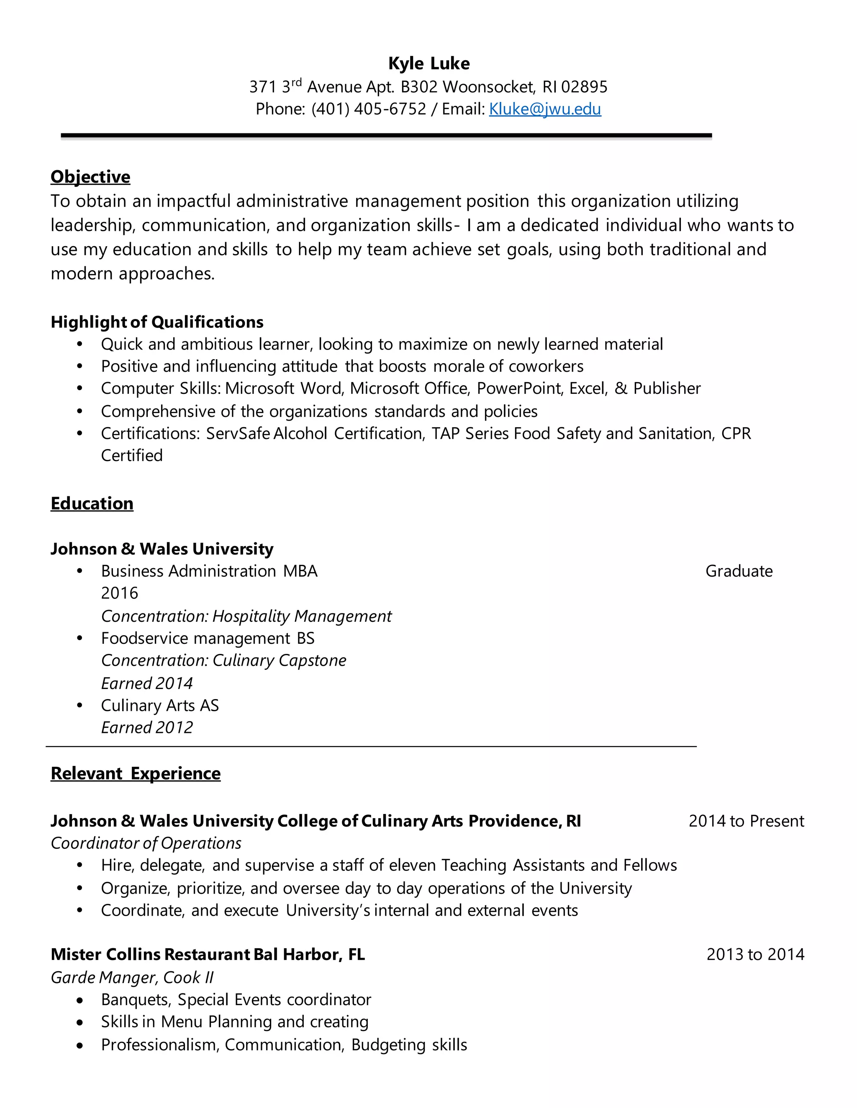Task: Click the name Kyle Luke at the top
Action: coord(428,64)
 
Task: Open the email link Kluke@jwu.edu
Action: coord(545,109)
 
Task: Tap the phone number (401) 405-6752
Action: coord(369,109)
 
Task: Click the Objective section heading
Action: coord(90,176)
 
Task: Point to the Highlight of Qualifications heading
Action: coord(157,322)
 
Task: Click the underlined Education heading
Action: coord(92,503)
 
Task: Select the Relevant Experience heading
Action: coord(136,773)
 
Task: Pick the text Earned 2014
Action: coord(147,683)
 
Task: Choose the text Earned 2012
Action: coord(147,728)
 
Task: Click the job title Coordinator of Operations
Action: coord(146,843)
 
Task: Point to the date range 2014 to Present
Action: coord(746,821)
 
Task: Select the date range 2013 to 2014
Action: coord(755,954)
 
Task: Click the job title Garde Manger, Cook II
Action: coord(132,977)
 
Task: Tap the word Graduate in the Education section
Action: coord(739,571)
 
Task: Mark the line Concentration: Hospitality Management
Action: coord(246,616)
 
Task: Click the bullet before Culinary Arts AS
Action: coord(80,706)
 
